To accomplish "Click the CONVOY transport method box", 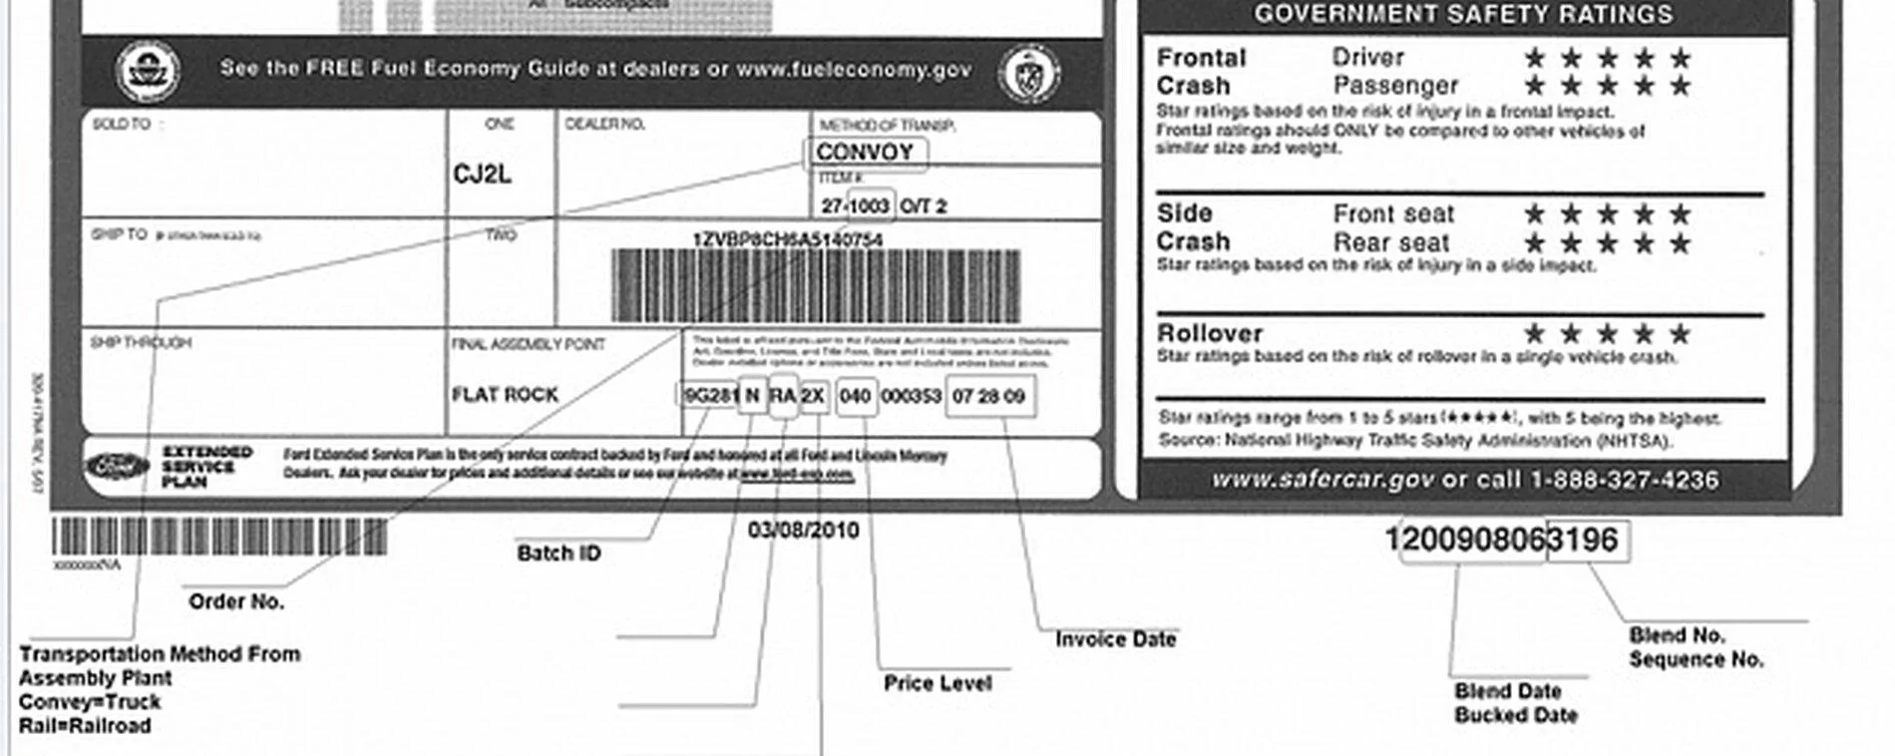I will pyautogui.click(x=865, y=153).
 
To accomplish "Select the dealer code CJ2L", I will pyautogui.click(x=482, y=175).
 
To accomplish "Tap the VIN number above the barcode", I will pyautogui.click(x=787, y=239).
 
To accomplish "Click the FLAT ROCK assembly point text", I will pyautogui.click(x=505, y=395).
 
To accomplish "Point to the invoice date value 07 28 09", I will pyautogui.click(x=988, y=396).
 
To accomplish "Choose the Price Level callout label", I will pyautogui.click(x=938, y=683).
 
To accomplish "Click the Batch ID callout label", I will pyautogui.click(x=559, y=553).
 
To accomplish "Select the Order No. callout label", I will pyautogui.click(x=236, y=601).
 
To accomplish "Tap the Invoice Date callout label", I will pyautogui.click(x=1115, y=639).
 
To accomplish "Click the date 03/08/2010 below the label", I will pyautogui.click(x=803, y=530).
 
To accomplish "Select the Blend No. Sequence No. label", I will pyautogui.click(x=1696, y=647).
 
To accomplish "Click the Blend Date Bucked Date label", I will pyautogui.click(x=1516, y=702).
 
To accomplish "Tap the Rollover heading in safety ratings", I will pyautogui.click(x=1209, y=333).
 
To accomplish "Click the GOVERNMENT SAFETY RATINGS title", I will pyautogui.click(x=1463, y=14).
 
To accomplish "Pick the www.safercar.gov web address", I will pyautogui.click(x=1324, y=480).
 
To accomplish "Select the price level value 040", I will pyautogui.click(x=855, y=396).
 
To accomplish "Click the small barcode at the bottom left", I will pyautogui.click(x=219, y=537).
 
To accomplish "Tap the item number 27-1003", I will pyautogui.click(x=855, y=206).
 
